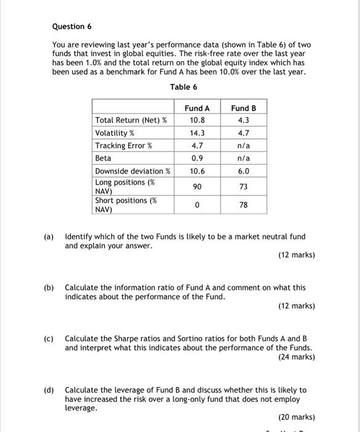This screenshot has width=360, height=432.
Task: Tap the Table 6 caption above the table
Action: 179,86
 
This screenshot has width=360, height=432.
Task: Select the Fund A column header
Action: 197,108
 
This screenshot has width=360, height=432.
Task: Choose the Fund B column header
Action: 243,108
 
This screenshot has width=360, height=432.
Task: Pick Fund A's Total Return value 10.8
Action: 197,120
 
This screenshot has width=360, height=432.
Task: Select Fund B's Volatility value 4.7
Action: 243,133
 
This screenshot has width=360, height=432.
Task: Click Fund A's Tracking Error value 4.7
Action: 197,146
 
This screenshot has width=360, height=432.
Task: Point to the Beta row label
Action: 103,158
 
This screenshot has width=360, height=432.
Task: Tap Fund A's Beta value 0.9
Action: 197,158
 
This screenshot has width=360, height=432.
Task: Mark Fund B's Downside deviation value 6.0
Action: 243,171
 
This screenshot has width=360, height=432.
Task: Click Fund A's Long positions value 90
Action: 197,186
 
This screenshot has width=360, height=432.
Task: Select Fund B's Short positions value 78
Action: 243,204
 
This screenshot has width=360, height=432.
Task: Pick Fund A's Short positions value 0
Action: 197,204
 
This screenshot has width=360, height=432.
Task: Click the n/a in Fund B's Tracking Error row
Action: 243,146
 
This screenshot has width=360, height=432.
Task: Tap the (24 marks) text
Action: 296,357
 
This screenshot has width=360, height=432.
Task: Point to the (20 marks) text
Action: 296,417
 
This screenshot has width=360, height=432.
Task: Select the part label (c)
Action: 48,339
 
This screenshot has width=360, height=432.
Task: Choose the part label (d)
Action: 48,390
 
